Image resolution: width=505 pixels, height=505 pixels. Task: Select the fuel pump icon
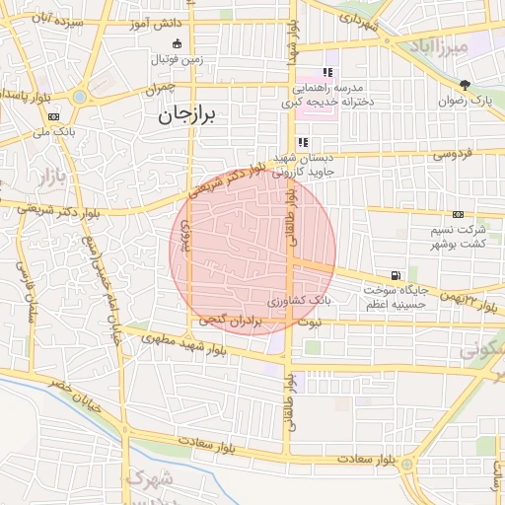(x=396, y=275)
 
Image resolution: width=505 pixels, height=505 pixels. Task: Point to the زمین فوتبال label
(x=176, y=60)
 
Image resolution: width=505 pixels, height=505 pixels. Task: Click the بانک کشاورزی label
(x=300, y=297)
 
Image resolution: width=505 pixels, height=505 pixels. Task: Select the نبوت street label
(x=309, y=323)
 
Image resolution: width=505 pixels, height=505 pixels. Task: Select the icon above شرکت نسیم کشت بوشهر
(x=458, y=214)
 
